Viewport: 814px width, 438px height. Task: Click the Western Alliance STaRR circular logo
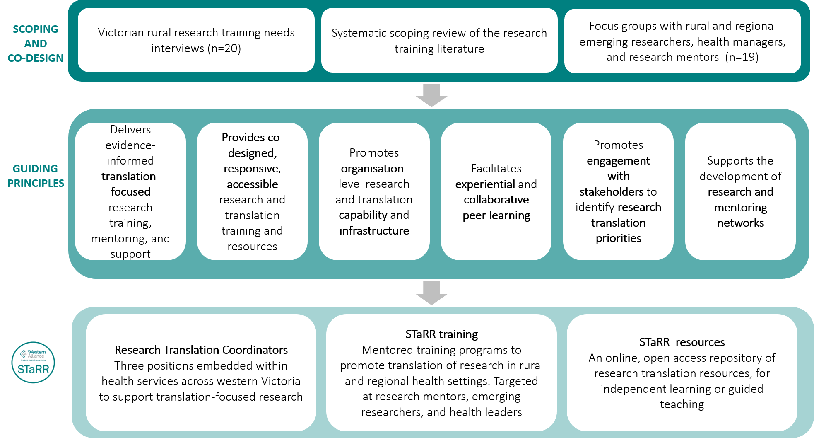33,362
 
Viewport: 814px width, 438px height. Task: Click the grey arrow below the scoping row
431,95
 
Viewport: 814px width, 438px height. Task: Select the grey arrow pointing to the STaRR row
431,293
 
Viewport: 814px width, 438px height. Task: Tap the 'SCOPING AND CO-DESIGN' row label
36,44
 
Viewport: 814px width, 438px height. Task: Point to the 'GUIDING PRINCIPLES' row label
36,176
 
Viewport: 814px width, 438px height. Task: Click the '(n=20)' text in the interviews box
225,48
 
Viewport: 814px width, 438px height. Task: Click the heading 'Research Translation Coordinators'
201,350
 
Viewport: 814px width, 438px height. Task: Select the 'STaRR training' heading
441,334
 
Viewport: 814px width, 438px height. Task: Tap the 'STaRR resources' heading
682,342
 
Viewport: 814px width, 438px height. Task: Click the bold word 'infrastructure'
374,230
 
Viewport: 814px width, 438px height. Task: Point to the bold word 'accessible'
252,184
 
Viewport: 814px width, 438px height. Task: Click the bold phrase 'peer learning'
496,215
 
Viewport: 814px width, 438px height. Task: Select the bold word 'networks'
740,223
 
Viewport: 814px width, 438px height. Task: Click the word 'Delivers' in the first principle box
130,130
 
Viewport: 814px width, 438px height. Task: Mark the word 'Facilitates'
496,169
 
